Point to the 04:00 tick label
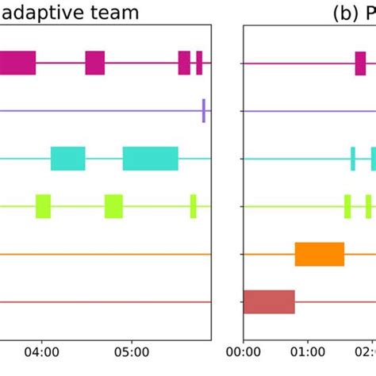pos(42,350)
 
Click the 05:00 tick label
pos(132,350)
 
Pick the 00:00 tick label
pos(244,350)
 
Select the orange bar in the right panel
pos(320,254)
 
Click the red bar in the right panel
pos(269,301)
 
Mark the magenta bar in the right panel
pos(360,63)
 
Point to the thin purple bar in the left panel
pos(204,110)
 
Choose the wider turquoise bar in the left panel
pos(151,159)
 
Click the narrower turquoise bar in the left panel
pos(68,159)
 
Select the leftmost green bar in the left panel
pos(43,206)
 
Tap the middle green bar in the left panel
pos(113,206)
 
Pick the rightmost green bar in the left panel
pos(193,206)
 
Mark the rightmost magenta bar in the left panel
pos(199,63)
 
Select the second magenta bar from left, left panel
pos(95,63)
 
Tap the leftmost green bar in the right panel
pos(347,206)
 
